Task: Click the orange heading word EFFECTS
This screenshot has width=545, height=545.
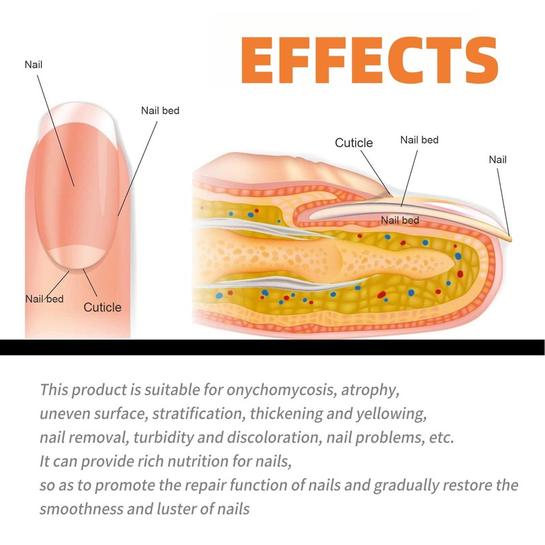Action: click(x=370, y=61)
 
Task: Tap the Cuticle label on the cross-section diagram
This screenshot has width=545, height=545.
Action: click(x=354, y=143)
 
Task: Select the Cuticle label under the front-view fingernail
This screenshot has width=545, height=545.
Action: click(x=102, y=307)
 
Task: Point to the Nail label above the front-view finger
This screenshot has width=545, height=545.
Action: click(x=33, y=65)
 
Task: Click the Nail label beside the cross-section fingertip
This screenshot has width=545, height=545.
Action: click(x=498, y=160)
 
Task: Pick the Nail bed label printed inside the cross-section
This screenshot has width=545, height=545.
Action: click(x=400, y=220)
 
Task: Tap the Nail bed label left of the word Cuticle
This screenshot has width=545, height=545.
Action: click(x=44, y=298)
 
